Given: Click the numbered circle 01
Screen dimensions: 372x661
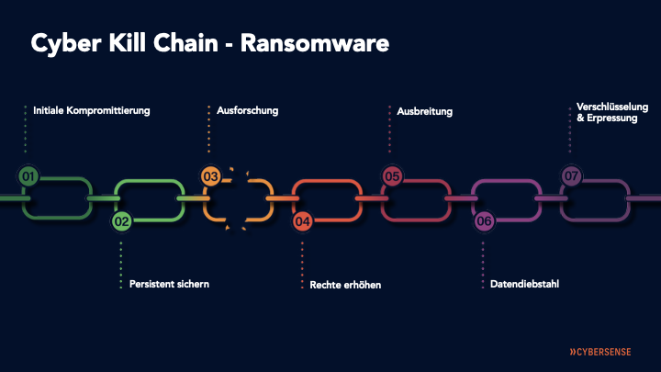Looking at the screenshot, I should tap(28, 175).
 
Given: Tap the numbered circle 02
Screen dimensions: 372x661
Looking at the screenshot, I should tap(121, 220).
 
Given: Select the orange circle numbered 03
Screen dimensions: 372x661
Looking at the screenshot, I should tap(210, 175).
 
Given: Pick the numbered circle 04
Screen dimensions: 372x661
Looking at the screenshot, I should tap(302, 220).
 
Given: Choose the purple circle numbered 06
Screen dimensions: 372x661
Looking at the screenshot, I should tap(484, 220).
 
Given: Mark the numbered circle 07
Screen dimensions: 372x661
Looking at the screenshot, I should tap(571, 175).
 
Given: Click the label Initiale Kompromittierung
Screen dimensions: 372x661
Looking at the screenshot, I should tap(91, 111).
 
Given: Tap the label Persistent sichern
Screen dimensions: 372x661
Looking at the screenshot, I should tap(169, 284).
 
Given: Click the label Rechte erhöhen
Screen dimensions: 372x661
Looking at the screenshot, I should tap(345, 285).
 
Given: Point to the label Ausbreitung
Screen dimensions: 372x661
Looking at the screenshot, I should tap(424, 112).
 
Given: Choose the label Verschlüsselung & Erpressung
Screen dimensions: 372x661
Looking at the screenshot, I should tap(607, 112).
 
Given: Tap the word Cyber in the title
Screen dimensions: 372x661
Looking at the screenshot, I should tap(62, 43).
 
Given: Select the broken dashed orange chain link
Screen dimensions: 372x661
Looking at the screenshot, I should tap(238, 198).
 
